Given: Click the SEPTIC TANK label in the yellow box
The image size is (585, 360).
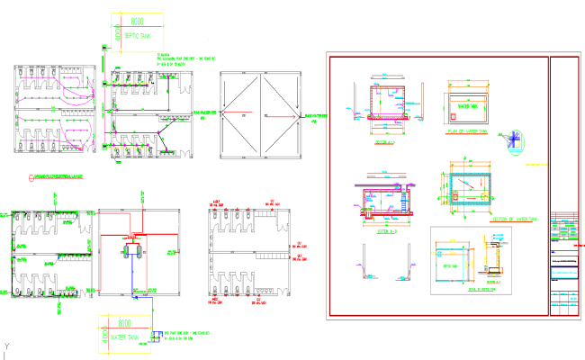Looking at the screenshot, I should click(137, 38).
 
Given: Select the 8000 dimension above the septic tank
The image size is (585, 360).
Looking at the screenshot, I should click(137, 21).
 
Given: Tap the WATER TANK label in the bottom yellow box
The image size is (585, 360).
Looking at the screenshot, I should click(124, 338).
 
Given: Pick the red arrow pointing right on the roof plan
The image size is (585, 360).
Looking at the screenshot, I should click(288, 115).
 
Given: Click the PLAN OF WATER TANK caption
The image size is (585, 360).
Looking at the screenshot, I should click(468, 131).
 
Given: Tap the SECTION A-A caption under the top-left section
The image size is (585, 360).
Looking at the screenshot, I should click(384, 142).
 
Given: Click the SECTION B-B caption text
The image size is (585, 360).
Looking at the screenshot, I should click(384, 231).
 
